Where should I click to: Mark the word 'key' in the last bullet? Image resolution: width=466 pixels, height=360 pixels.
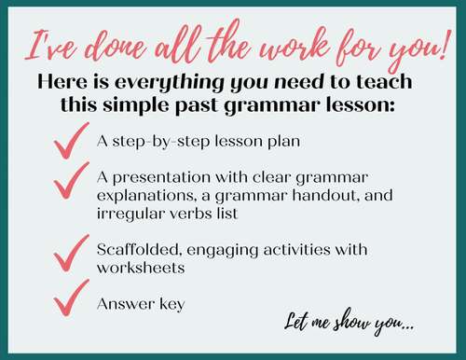point(166,304)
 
